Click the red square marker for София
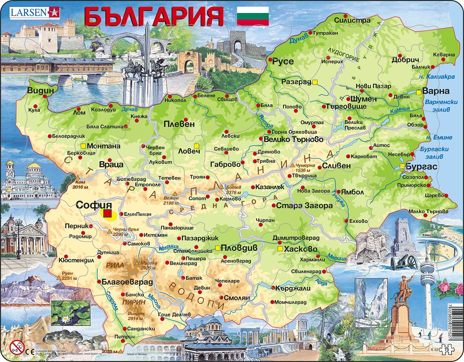point(108,214)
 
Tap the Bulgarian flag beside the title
point(253,16)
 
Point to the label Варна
point(438,91)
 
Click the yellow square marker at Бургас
point(402,166)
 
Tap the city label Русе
point(283,61)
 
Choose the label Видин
point(40,90)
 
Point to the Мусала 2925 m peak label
point(149,265)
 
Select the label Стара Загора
point(302,205)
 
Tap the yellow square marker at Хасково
point(280,249)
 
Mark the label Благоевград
point(126,281)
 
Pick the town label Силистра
point(355,20)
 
